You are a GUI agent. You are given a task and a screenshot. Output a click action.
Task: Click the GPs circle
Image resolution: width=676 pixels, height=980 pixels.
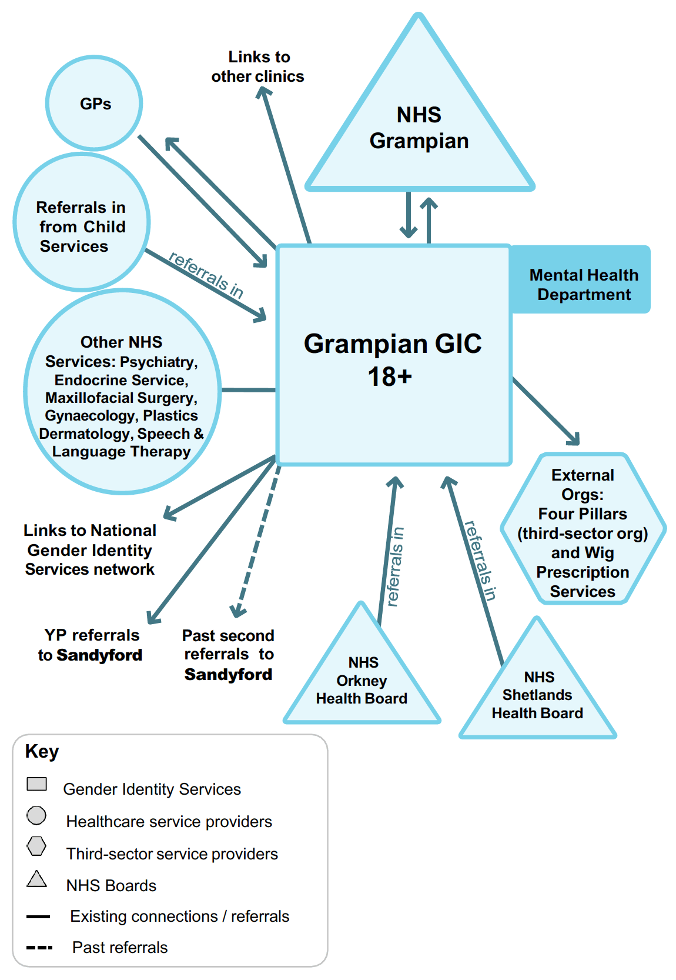coord(94,104)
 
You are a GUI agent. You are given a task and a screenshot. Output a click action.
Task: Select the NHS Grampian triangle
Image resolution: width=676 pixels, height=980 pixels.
coord(419,129)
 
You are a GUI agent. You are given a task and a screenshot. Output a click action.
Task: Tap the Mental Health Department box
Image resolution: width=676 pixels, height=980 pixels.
coord(583,285)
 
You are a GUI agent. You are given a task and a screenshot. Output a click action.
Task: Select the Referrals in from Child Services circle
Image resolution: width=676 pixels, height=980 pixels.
coord(82,226)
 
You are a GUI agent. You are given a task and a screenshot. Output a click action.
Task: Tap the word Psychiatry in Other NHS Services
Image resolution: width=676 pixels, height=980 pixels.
coord(158,362)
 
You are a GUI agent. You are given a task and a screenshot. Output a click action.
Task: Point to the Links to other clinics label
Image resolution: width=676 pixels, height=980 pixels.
coord(258,66)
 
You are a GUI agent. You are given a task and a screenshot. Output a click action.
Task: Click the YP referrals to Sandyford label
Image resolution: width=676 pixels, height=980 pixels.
coord(91,645)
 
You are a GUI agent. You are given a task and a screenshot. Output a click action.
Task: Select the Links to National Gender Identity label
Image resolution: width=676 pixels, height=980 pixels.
coord(90,549)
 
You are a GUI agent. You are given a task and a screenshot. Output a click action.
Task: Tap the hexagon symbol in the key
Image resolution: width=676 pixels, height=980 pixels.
coord(36,846)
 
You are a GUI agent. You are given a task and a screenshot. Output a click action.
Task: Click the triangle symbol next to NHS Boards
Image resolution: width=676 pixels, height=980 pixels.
coord(36,879)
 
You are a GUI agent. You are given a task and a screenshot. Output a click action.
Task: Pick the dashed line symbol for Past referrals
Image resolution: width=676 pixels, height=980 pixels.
coord(39,948)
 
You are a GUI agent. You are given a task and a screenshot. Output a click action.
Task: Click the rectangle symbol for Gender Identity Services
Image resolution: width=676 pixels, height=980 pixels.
coord(36,784)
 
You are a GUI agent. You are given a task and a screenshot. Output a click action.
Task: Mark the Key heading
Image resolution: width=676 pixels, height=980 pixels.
coord(42,752)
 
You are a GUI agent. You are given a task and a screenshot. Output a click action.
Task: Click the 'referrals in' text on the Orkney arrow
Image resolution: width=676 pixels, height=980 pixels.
coord(395,566)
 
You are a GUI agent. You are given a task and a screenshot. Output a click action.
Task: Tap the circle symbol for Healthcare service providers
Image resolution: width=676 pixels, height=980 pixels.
coord(36,815)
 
